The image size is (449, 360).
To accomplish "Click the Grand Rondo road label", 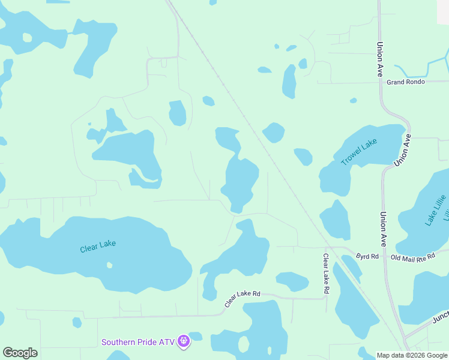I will pos(406,82).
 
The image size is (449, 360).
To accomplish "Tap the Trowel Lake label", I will pos(359,151).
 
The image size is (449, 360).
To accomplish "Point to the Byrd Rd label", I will pos(367,256).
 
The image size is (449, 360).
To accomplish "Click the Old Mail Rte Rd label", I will pos(412,257).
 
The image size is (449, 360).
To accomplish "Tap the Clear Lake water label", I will pos(97,246).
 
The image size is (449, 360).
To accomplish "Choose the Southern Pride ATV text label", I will pos(137,342).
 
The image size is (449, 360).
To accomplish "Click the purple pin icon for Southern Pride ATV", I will pos(184,341).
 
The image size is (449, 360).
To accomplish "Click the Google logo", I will pos(20,353).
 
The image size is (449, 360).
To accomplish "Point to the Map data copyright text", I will pos(412,355).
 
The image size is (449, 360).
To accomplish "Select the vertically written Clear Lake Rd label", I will pos(326,273).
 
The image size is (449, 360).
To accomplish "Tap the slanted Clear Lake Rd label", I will pos(243,298).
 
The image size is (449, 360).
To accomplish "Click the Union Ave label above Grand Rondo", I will pos(380,58).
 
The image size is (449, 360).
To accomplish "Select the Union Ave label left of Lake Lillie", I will pos(382,229).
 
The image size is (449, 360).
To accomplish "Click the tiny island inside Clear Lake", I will pos(109,265).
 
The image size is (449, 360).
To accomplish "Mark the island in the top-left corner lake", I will pos(27,37).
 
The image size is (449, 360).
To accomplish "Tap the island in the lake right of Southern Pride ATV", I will pos(243,344).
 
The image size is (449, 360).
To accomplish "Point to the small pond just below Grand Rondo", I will pos(353,100).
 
